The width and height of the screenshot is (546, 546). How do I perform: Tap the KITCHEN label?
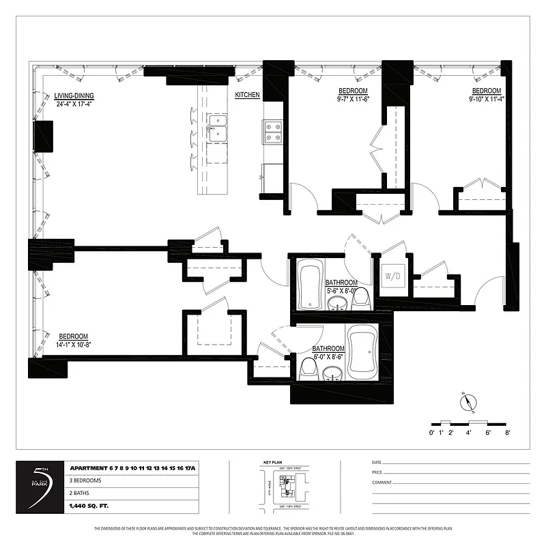pos(247,96)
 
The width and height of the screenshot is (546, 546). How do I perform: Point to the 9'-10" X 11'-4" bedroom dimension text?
pos(486,99)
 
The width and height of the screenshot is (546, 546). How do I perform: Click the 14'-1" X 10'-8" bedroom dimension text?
pos(74,345)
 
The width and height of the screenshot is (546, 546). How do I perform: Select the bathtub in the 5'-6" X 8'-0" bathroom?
pos(309,285)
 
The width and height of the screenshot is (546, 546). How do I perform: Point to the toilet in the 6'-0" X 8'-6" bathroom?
pos(308,371)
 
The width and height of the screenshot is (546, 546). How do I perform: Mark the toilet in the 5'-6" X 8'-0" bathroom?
pos(362,298)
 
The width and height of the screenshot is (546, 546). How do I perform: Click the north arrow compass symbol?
pos(467,403)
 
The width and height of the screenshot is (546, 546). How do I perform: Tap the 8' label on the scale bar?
pos(507,433)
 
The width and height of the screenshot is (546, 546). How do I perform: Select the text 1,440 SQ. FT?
pos(89,506)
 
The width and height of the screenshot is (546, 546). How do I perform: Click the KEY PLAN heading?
pos(273,462)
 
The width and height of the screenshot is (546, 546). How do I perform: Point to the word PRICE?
pos(378,472)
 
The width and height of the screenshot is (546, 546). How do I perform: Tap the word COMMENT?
pos(382,482)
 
